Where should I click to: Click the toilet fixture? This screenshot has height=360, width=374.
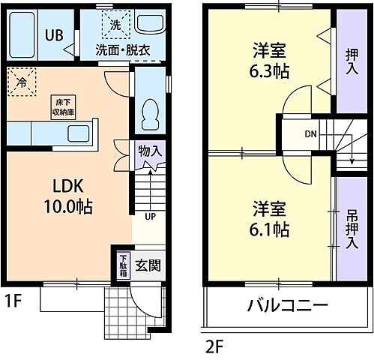click(149, 113)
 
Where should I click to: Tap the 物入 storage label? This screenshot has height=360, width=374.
click(150, 151)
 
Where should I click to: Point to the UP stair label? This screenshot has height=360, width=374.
click(149, 217)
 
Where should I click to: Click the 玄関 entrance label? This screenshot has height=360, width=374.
click(147, 265)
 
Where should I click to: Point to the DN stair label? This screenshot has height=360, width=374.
click(310, 135)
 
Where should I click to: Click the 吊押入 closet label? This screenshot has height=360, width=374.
click(352, 227)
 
